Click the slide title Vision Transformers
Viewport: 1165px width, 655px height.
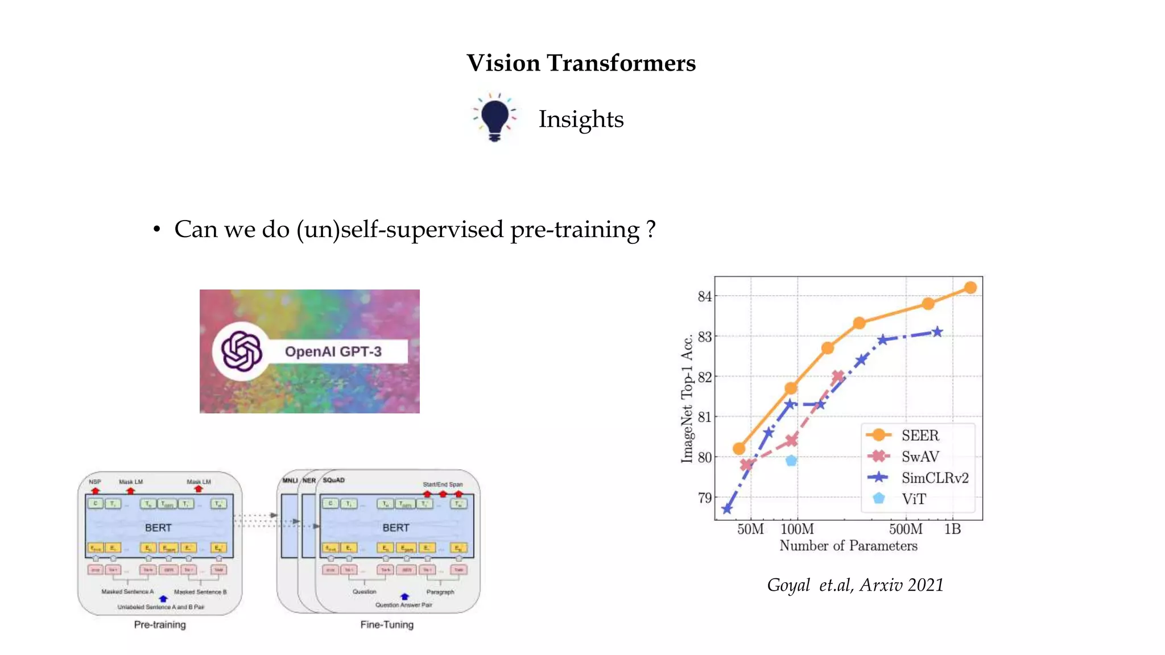(x=581, y=63)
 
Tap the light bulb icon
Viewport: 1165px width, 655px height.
(x=494, y=117)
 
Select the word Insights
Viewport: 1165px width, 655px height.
(x=581, y=119)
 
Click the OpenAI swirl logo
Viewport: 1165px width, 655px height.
(x=241, y=351)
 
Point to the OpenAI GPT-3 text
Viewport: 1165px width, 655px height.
(x=333, y=352)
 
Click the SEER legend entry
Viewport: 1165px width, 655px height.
(x=920, y=436)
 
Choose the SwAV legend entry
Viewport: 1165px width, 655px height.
(x=920, y=457)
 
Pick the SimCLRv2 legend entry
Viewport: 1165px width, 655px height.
(x=934, y=478)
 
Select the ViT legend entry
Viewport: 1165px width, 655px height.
(x=914, y=499)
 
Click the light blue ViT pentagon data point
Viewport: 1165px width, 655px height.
(x=791, y=461)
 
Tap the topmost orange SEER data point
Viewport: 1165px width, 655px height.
(x=970, y=288)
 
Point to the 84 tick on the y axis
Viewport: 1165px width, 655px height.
(x=704, y=296)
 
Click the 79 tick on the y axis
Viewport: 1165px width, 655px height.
(x=704, y=498)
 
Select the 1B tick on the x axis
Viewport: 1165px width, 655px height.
(x=952, y=529)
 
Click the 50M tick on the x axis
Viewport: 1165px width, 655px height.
(x=750, y=529)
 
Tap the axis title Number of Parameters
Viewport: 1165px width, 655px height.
(x=848, y=546)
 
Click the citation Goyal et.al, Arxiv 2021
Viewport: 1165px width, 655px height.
(x=855, y=585)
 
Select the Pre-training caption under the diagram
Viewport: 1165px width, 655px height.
(x=160, y=625)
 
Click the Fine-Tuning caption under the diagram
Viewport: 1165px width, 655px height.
(x=387, y=625)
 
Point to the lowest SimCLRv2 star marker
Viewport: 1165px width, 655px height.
(x=727, y=509)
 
